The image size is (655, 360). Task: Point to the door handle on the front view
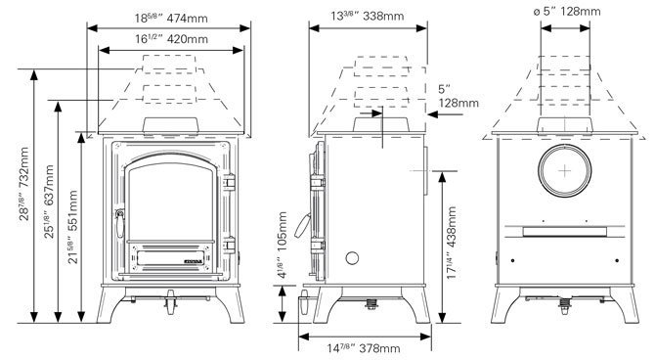pos(120,224)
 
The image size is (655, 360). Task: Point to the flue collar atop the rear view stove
pos(564,126)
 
